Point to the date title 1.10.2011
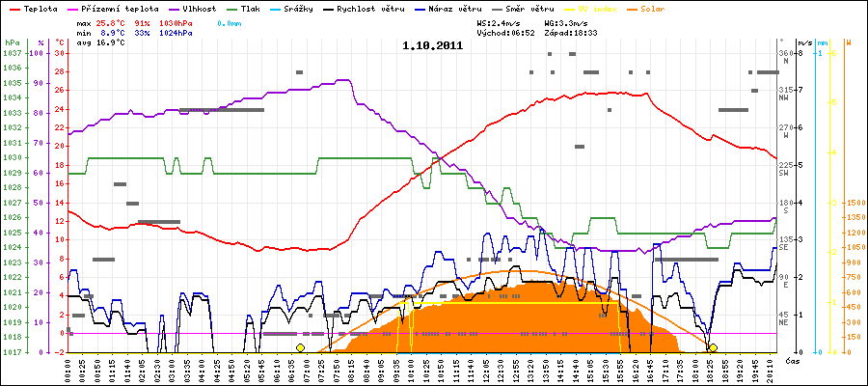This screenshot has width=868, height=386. (433, 44)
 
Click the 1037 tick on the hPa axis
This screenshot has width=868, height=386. (11, 53)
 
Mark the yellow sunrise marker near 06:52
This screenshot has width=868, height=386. (300, 347)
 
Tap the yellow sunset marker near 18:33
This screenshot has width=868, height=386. (712, 347)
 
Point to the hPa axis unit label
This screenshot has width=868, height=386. (11, 43)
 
